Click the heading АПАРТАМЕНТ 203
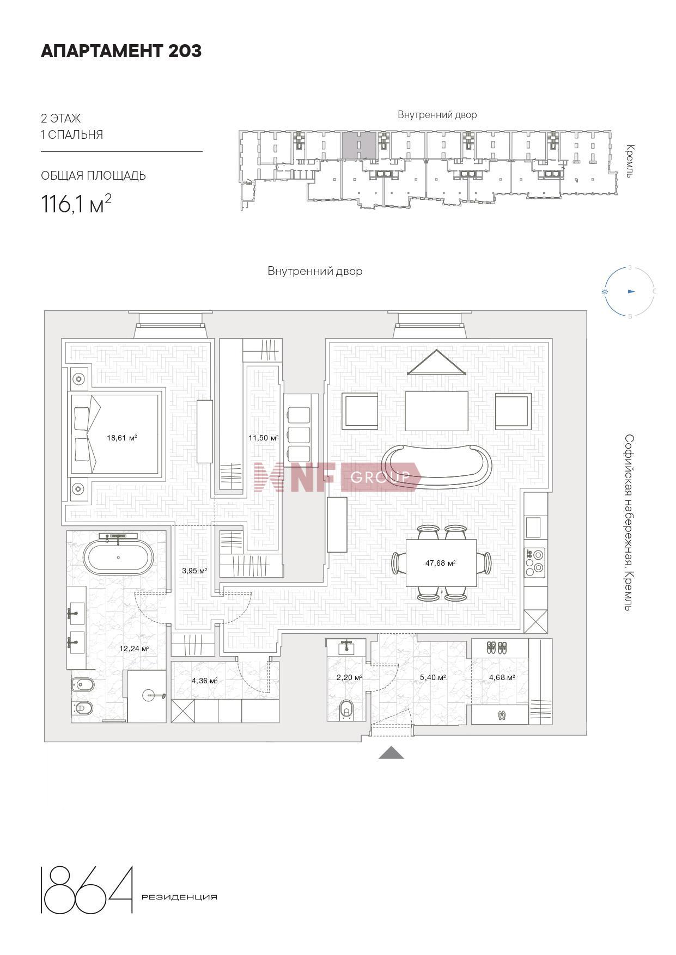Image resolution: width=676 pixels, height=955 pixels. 121,51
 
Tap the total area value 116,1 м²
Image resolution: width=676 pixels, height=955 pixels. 76,204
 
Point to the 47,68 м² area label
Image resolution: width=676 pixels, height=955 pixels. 440,563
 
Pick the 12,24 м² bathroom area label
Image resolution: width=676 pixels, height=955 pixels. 135,648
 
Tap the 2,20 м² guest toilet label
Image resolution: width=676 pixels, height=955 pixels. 349,678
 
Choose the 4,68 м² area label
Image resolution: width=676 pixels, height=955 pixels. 502,678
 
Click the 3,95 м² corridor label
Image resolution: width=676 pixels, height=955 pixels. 194,571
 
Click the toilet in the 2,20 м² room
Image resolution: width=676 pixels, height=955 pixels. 346,710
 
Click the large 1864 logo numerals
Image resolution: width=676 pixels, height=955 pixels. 87,889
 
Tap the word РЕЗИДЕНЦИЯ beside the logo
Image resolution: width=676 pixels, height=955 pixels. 179,897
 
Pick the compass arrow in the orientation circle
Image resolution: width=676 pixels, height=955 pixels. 631,291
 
